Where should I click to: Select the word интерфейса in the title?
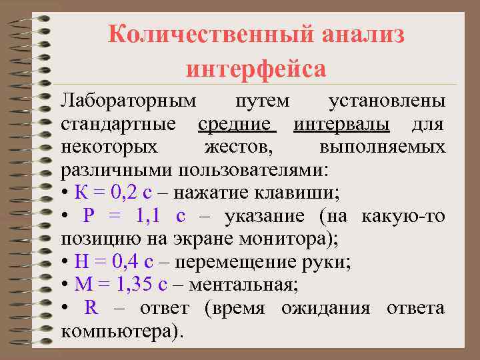click(x=256, y=68)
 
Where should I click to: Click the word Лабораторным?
click(x=129, y=101)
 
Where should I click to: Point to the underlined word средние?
click(x=236, y=124)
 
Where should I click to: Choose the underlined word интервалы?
click(x=342, y=124)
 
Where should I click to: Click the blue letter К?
click(x=80, y=193)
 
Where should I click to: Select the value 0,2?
click(x=125, y=193)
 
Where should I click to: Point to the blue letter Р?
click(x=90, y=216)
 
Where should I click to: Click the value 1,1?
click(x=148, y=216)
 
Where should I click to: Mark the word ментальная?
click(x=244, y=285)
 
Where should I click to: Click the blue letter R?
click(x=91, y=308)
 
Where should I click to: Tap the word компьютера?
click(x=120, y=331)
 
